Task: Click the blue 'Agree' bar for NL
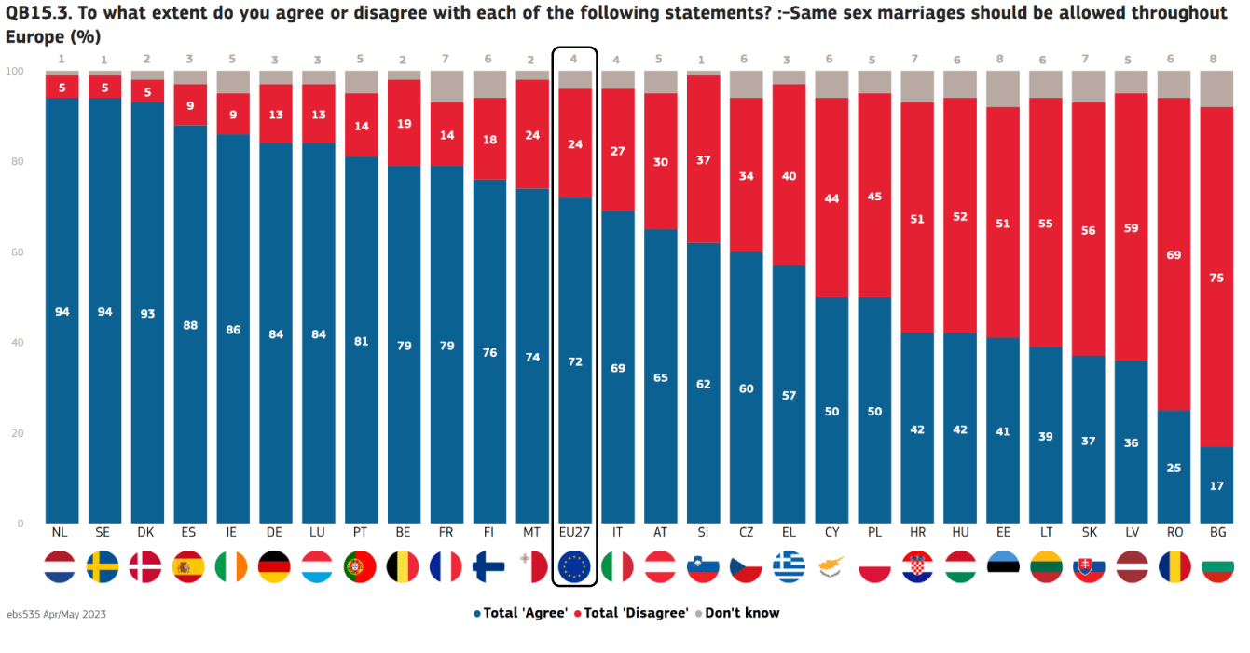pos(62,373)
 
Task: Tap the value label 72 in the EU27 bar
pos(574,361)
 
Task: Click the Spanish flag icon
pos(189,566)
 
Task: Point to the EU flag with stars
pos(574,566)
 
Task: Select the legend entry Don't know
pos(741,613)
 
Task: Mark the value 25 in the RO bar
pos(1174,468)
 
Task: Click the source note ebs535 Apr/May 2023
pos(56,615)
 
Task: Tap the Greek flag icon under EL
pos(789,566)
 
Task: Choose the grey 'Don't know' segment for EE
pos(1003,88)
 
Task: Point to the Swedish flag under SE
pos(103,566)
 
